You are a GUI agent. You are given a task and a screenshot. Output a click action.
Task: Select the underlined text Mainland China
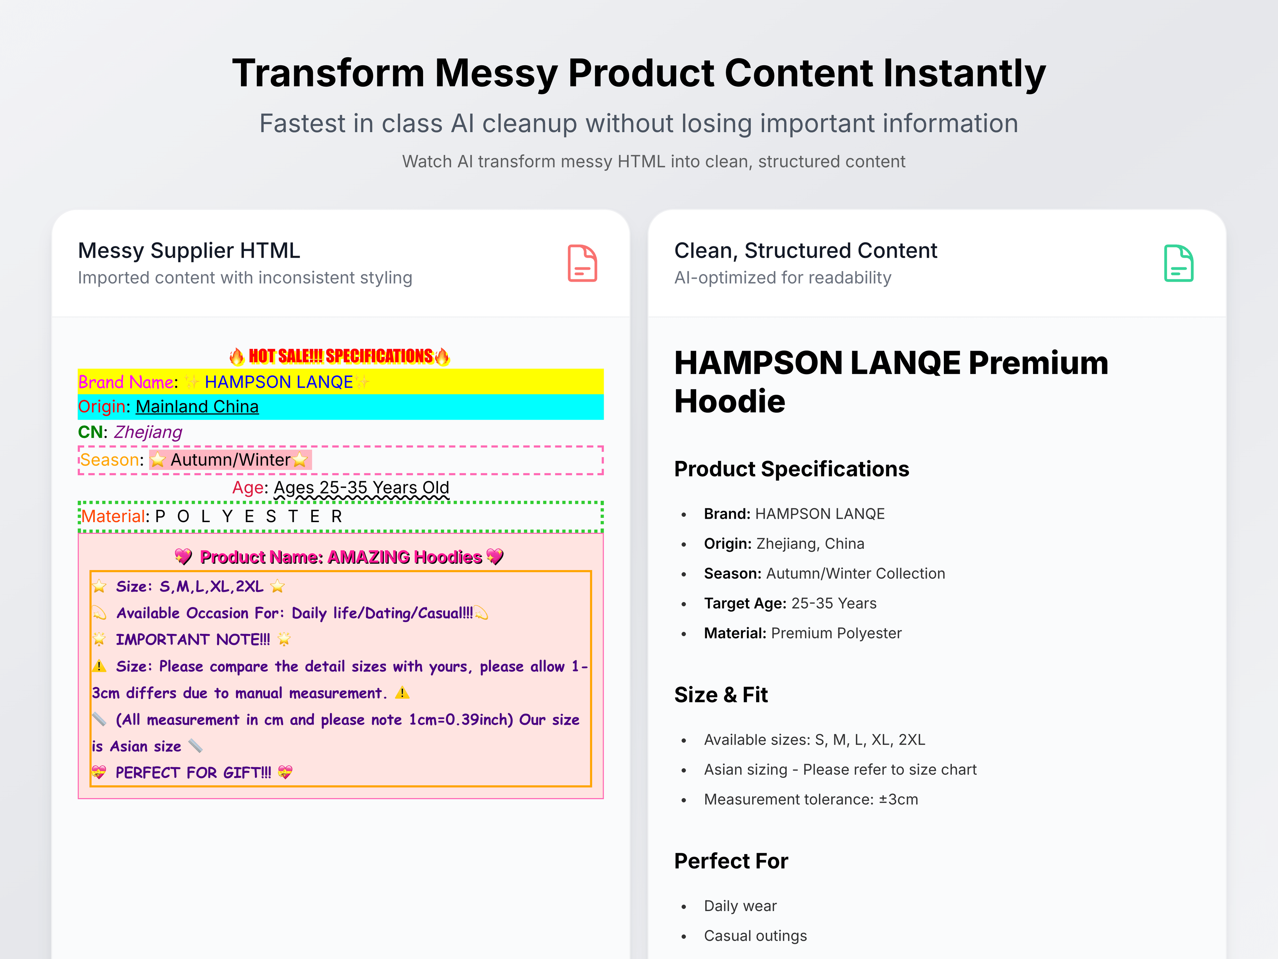point(197,407)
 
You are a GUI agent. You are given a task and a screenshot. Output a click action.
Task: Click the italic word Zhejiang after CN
point(148,433)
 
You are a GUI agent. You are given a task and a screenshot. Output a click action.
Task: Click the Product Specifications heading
point(791,469)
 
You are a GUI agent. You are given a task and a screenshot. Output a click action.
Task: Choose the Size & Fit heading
point(721,695)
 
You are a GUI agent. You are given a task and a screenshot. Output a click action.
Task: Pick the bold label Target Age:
point(745,603)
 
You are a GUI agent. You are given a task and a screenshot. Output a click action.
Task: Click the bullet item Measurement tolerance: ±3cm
point(811,799)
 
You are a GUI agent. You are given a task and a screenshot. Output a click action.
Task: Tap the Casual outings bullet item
point(755,936)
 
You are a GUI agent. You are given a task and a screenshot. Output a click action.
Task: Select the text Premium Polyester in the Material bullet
point(836,634)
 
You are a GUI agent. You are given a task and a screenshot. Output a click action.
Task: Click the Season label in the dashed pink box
point(110,460)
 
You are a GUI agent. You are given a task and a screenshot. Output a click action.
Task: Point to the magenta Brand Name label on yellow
point(125,382)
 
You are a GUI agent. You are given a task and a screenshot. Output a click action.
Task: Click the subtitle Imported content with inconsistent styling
point(245,278)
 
